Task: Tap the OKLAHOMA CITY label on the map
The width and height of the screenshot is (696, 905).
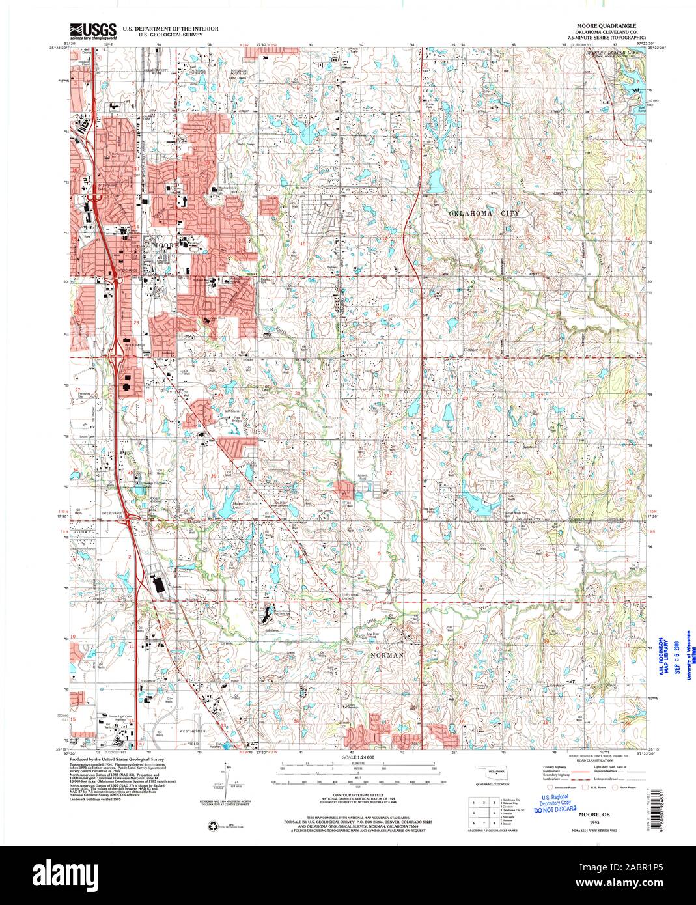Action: tap(488, 213)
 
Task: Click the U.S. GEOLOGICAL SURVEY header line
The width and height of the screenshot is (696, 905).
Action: tap(160, 35)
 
